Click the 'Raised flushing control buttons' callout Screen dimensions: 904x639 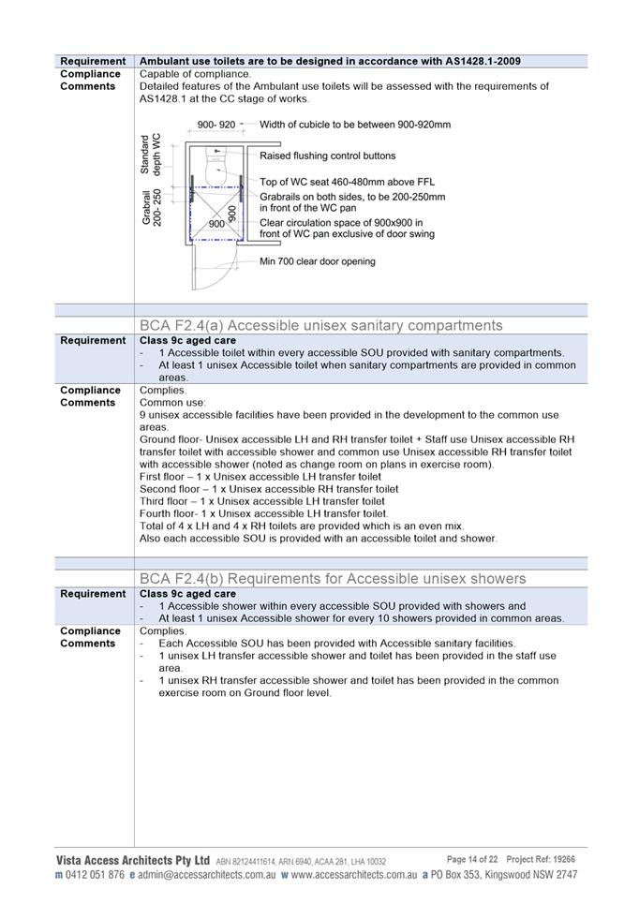[x=327, y=156]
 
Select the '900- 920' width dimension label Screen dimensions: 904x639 [x=215, y=125]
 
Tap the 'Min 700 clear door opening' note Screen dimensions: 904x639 [x=317, y=261]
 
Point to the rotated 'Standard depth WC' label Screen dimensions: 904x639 [x=151, y=155]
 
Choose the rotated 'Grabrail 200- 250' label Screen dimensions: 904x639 [x=153, y=207]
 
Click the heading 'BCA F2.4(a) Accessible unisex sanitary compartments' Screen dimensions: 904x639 [x=320, y=325]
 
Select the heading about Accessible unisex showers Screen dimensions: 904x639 [x=333, y=578]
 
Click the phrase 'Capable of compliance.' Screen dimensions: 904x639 [x=196, y=74]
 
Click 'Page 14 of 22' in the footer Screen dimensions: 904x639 [x=471, y=859]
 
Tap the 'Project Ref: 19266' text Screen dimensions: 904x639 [x=541, y=859]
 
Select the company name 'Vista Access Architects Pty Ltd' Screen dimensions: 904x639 [x=132, y=860]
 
